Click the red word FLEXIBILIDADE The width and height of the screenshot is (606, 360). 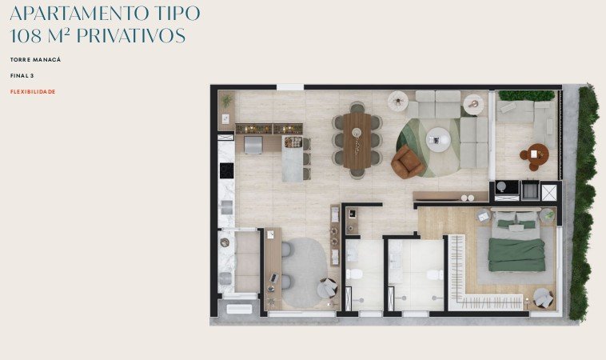(x=33, y=92)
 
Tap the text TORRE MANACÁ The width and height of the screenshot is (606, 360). (x=35, y=59)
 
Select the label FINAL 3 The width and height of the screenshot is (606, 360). (x=22, y=76)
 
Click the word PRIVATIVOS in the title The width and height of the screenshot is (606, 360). (x=131, y=35)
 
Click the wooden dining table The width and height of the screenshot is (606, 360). (x=357, y=141)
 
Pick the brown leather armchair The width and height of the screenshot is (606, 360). (x=407, y=162)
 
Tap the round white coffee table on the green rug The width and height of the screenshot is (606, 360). (x=438, y=139)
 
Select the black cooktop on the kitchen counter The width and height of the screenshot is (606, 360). (x=226, y=170)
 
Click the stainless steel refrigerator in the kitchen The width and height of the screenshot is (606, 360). (x=253, y=145)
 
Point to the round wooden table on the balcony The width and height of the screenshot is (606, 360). (x=538, y=154)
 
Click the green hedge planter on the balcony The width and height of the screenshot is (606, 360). (x=526, y=95)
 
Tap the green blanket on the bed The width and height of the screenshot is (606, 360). (x=516, y=254)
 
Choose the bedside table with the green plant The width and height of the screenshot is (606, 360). (x=548, y=215)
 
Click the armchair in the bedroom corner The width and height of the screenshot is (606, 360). (x=544, y=298)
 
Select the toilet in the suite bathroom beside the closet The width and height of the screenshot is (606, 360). (x=435, y=275)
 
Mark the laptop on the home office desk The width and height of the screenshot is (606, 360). (x=274, y=278)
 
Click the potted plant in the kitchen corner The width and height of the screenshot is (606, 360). (x=226, y=100)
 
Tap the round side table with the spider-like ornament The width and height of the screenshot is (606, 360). (x=398, y=102)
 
